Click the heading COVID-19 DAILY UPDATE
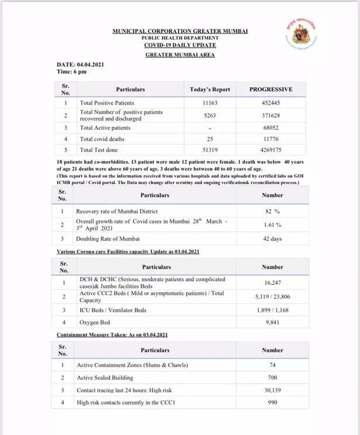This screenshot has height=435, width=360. [x=180, y=45]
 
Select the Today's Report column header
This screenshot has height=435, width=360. [x=210, y=89]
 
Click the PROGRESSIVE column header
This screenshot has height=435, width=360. [x=271, y=89]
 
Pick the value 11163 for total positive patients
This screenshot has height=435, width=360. [x=210, y=103]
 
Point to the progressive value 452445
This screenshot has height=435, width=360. [x=271, y=103]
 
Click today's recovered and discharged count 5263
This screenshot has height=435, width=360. [x=210, y=116]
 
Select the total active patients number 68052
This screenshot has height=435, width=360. [x=271, y=127]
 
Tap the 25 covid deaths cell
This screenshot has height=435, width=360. [x=210, y=139]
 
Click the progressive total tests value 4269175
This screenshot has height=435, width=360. [x=271, y=150]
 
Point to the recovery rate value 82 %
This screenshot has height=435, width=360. [x=272, y=210]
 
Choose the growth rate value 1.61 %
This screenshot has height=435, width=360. [x=272, y=225]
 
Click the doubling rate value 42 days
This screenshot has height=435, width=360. [x=272, y=239]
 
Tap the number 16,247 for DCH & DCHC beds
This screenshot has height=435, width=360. [x=272, y=283]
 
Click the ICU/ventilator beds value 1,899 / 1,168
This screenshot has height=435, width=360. [x=272, y=309]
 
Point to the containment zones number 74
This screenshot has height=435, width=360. [x=272, y=365]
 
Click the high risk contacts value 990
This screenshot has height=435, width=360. [x=272, y=403]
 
